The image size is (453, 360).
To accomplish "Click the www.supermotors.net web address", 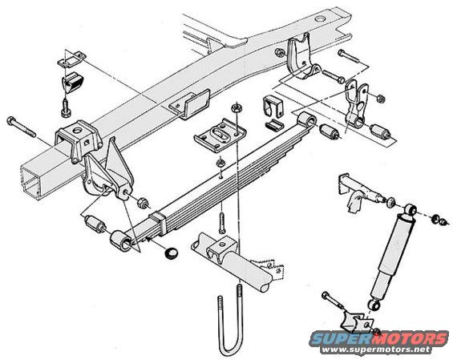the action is pos(376,350).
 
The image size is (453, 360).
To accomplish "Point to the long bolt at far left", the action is pos(22,127).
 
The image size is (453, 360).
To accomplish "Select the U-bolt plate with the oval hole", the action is pos(220,135).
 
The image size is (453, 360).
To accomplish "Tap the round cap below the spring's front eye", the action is pos(171,253).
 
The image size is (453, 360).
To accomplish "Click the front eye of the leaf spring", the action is pos(121,241).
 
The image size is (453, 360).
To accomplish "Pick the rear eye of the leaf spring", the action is pos(307,119).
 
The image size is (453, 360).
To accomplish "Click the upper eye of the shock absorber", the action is pos(411,209).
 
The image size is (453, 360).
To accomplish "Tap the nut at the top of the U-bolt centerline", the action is pos(237,108).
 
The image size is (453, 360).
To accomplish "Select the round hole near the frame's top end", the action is pos(321,19).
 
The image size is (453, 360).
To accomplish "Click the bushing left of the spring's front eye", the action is pos(95,224).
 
